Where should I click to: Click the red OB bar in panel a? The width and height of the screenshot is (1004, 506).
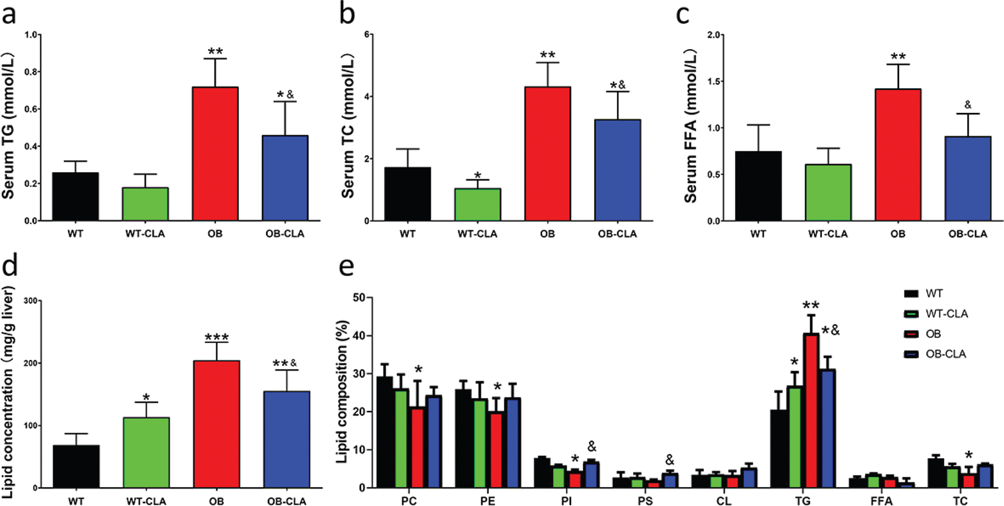[215, 154]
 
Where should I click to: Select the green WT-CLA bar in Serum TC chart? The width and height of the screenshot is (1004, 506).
[478, 205]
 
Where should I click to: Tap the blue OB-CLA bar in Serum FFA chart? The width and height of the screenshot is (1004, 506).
[968, 179]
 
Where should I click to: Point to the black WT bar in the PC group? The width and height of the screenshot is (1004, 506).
[384, 432]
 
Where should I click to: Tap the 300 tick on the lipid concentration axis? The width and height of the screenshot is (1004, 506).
[30, 301]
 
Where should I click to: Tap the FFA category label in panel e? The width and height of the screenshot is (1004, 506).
[881, 501]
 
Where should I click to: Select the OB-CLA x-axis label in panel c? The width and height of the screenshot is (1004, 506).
[968, 234]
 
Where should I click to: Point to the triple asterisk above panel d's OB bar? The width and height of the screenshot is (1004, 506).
[216, 337]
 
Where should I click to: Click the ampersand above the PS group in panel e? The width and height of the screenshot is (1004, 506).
[670, 460]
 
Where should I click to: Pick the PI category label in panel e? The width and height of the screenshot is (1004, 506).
[566, 501]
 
